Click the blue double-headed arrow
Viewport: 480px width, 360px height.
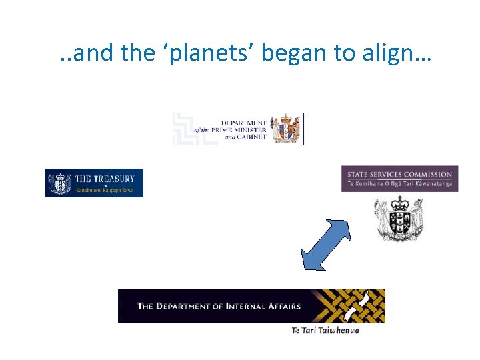click(x=326, y=245)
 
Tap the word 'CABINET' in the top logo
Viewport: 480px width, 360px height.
click(x=252, y=137)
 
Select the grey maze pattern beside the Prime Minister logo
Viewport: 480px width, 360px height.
click(x=193, y=129)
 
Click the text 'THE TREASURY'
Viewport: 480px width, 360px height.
click(x=105, y=179)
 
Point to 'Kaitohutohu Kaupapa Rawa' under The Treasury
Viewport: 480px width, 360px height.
click(x=105, y=191)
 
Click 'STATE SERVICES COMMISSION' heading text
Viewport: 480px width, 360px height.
click(x=399, y=175)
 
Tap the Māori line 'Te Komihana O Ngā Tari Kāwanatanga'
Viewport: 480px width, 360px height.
click(x=399, y=184)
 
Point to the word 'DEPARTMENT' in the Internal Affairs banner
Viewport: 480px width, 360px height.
click(x=181, y=307)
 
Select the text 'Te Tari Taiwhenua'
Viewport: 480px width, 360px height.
click(x=325, y=330)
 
